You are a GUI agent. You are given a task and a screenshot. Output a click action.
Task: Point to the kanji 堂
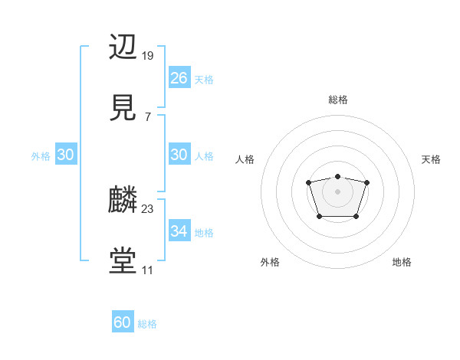pyautogui.click(x=123, y=261)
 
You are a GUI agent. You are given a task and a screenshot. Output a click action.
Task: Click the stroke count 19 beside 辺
pyautogui.click(x=148, y=56)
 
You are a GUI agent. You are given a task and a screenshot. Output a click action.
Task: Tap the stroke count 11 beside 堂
pyautogui.click(x=147, y=270)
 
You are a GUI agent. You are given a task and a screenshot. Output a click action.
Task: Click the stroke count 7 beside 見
pyautogui.click(x=147, y=116)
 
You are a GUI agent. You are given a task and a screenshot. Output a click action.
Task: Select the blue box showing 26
pyautogui.click(x=179, y=78)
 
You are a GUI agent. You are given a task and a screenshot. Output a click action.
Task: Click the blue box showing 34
pyautogui.click(x=179, y=231)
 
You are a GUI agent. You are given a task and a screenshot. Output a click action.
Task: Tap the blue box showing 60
pyautogui.click(x=123, y=322)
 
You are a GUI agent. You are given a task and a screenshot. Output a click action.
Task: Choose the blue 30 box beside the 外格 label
pyautogui.click(x=66, y=155)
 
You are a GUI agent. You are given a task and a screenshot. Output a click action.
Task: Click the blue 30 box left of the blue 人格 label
pyautogui.click(x=179, y=155)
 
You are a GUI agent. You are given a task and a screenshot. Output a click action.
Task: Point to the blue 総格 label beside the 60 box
pyautogui.click(x=148, y=324)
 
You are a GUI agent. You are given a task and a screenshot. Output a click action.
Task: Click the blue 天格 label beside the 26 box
pyautogui.click(x=204, y=80)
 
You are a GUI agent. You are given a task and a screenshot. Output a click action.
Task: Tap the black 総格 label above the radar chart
pyautogui.click(x=338, y=100)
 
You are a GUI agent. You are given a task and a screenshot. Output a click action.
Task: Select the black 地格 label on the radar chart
pyautogui.click(x=402, y=262)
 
